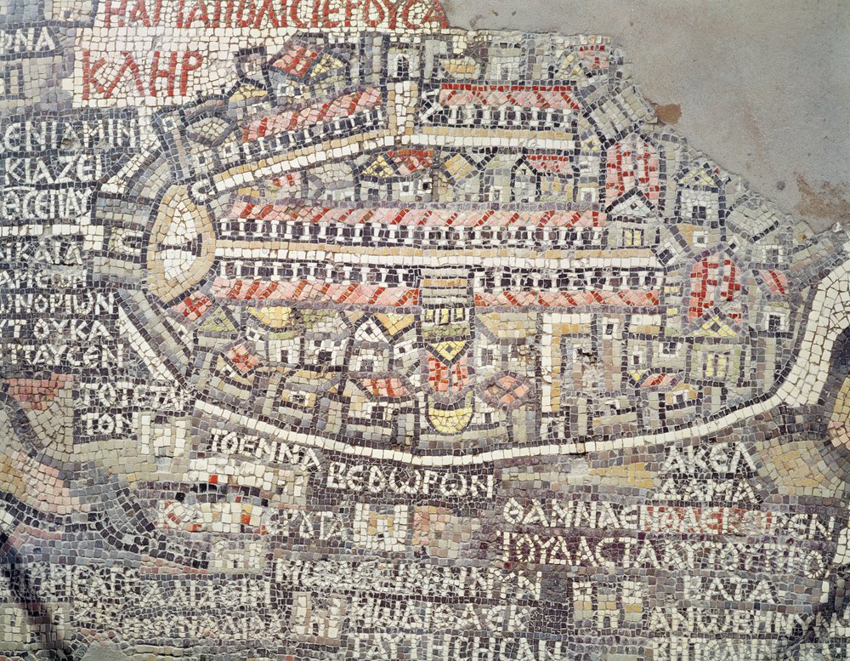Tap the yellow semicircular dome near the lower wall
(x=449, y=417)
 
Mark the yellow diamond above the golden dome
(x=448, y=348)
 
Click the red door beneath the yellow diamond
(x=446, y=374)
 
